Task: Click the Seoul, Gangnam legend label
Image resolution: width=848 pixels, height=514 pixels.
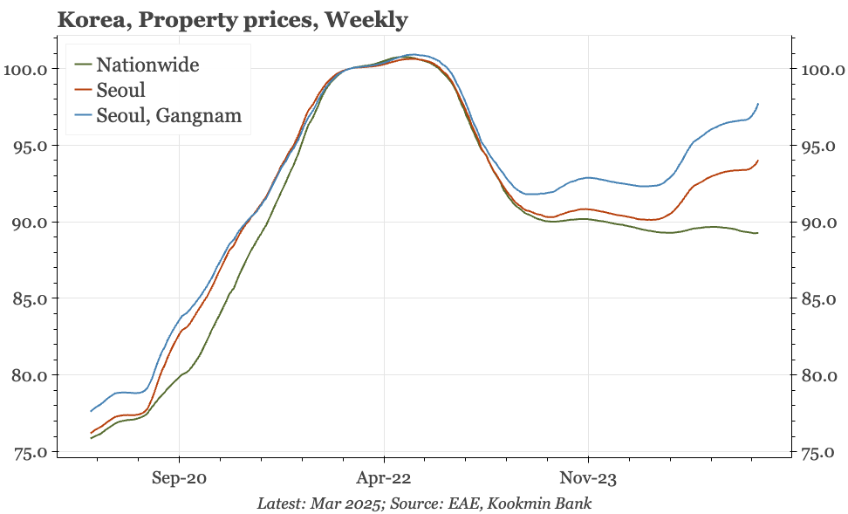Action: click(169, 115)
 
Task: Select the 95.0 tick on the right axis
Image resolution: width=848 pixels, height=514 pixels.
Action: click(817, 145)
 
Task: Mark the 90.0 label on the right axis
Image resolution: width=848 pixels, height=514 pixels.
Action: click(817, 222)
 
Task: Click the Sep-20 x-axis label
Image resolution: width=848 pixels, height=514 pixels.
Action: click(179, 478)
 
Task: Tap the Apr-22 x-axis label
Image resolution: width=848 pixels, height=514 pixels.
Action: click(383, 478)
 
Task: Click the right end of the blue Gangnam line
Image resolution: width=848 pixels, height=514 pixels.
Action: click(758, 104)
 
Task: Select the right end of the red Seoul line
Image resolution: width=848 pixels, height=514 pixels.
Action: click(758, 161)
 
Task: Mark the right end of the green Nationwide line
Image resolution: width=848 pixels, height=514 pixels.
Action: click(757, 233)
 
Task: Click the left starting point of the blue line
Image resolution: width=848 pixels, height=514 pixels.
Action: click(91, 411)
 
